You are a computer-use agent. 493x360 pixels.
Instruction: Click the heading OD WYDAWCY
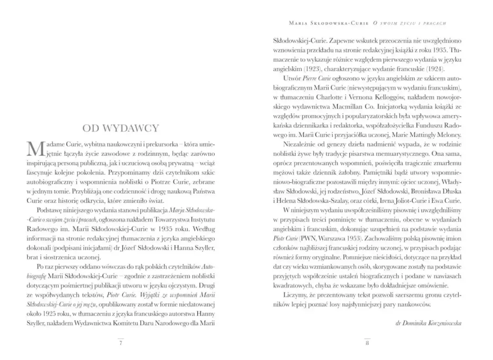click(121, 128)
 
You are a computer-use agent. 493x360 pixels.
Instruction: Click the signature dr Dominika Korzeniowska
click(429, 323)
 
